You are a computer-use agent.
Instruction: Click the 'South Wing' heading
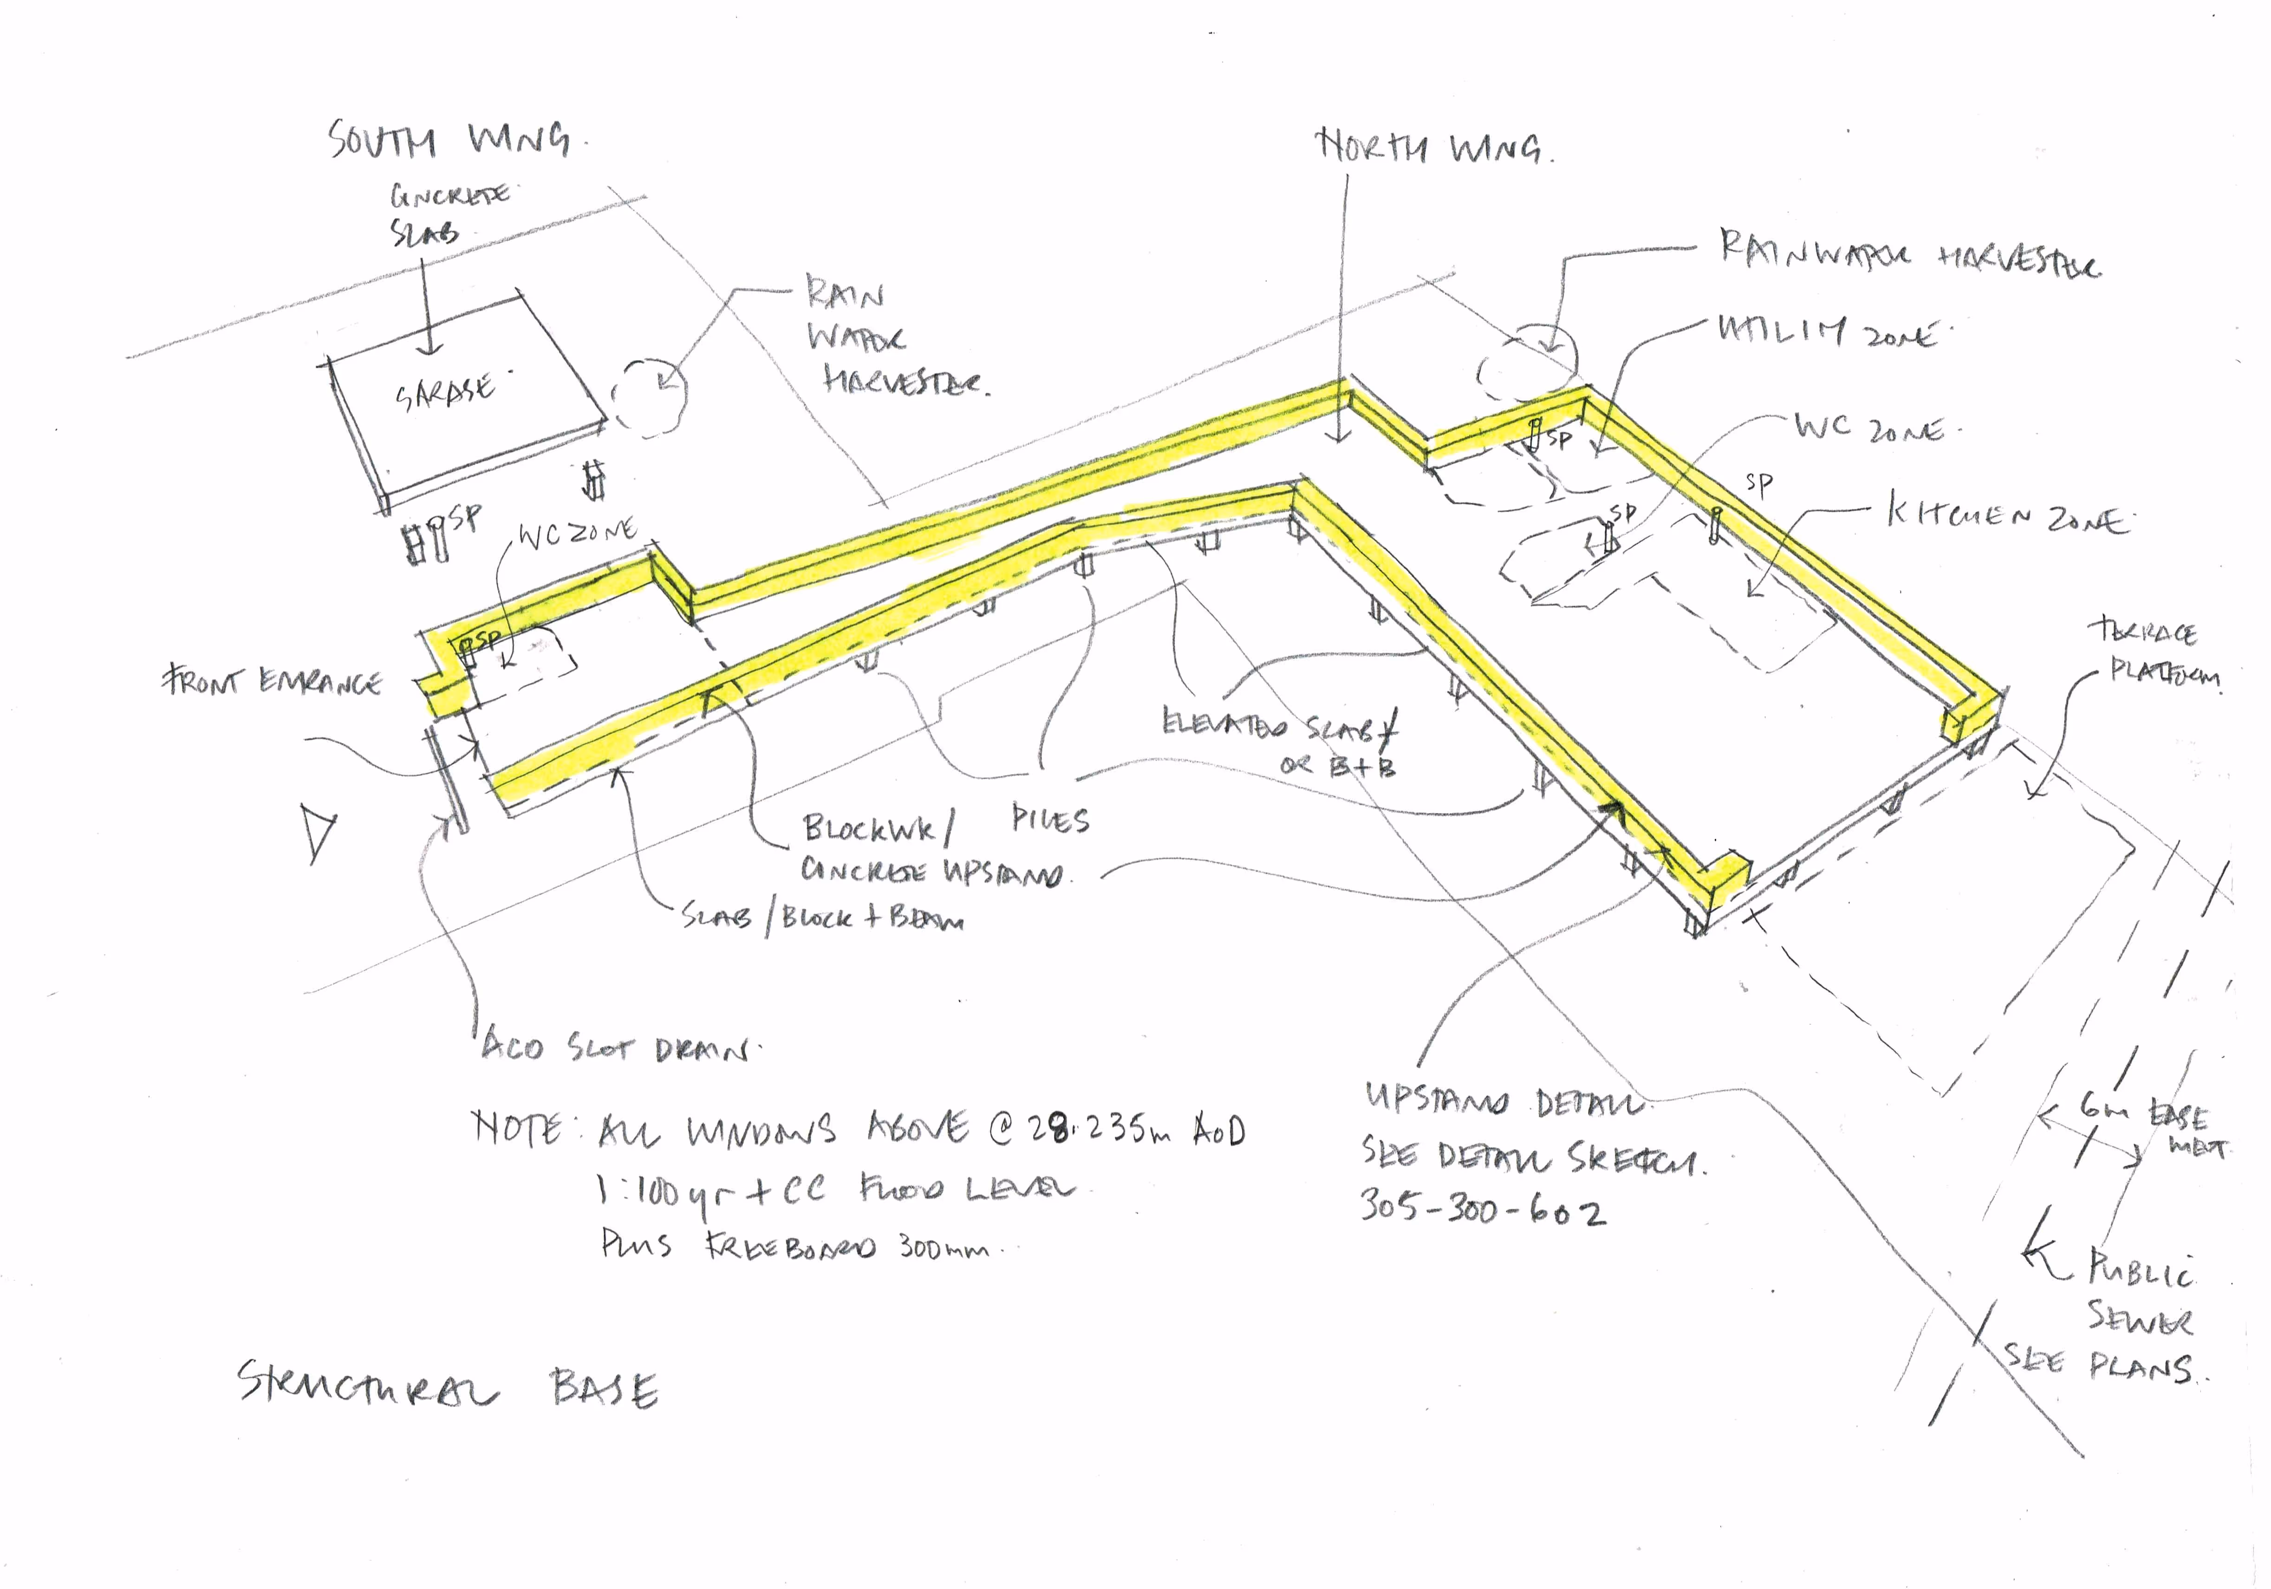(450, 139)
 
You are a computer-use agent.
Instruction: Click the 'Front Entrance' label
(272, 681)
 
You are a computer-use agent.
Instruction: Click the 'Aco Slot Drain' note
(615, 1046)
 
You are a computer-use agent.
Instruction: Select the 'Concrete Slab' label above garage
(447, 213)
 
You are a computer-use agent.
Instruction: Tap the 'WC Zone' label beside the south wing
(577, 534)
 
